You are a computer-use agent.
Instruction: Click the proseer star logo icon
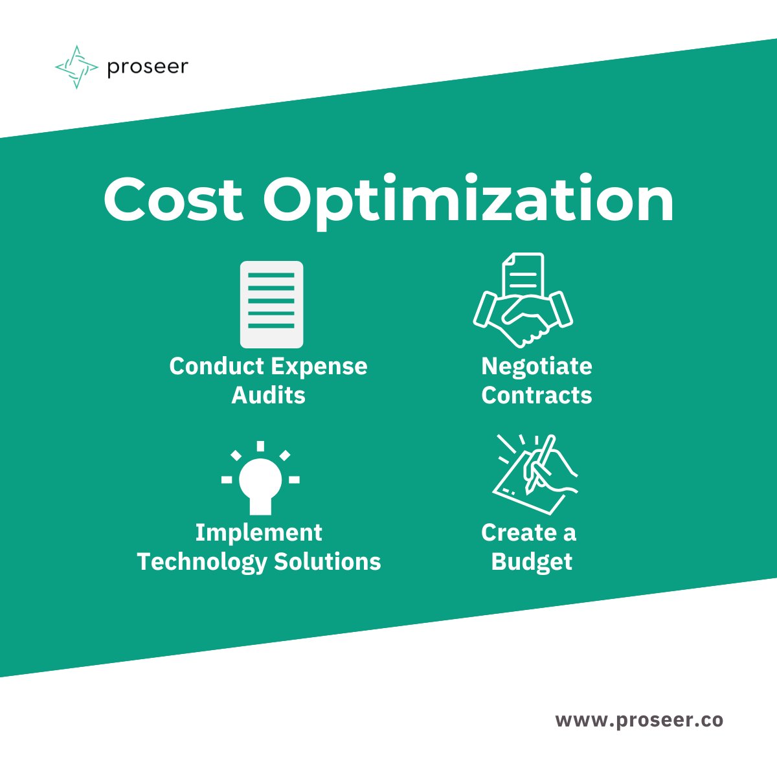[76, 67]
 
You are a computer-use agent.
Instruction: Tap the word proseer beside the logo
[148, 67]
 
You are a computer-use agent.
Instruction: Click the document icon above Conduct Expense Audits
[271, 304]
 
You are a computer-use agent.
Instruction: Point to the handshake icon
[523, 317]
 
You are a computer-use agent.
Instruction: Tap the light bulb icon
[260, 479]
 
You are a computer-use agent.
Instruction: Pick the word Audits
[268, 395]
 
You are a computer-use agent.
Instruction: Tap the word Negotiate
[537, 367]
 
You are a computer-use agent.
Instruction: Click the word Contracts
[537, 395]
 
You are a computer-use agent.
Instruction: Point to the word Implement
[258, 533]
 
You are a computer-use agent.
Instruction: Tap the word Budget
[532, 562]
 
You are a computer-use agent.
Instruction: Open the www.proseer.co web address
[639, 720]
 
